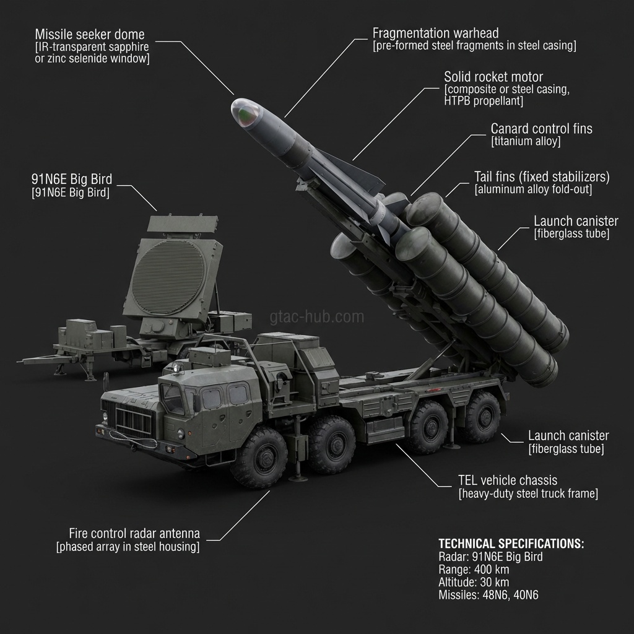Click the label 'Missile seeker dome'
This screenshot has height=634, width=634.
[x=90, y=33]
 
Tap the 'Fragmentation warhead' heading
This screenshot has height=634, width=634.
[x=435, y=33]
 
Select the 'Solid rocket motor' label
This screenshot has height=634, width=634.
[x=493, y=77]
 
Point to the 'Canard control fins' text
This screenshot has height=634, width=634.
[x=541, y=129]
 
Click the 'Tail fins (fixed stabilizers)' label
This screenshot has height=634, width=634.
[x=542, y=177]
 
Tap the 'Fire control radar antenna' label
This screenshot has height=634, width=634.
[x=134, y=534]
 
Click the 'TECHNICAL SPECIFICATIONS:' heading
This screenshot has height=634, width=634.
[x=511, y=544]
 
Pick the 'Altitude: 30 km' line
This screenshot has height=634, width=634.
[x=474, y=582]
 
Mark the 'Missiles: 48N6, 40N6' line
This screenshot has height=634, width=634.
[x=489, y=595]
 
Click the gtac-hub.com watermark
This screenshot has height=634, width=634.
[x=317, y=318]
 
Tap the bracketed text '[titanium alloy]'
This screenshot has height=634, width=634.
[x=526, y=142]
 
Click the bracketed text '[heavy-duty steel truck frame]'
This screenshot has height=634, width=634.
[x=528, y=494]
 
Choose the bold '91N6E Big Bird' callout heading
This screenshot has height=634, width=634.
[x=72, y=180]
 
